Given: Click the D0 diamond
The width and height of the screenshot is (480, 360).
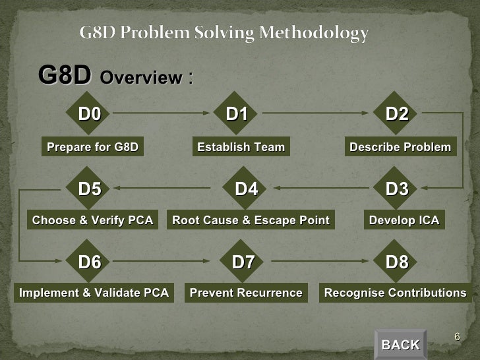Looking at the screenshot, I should coord(90,115).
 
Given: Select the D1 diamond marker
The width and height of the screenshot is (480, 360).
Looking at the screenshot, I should coord(237,115).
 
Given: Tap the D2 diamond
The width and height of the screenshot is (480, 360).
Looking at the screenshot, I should coord(397,115).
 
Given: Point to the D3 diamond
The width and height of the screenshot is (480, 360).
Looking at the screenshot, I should coord(397,189).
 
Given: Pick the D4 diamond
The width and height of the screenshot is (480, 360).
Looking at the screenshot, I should coord(246,189).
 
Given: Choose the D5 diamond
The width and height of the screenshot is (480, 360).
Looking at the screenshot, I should coord(90,189).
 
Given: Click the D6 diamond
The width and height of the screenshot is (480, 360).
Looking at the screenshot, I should coord(90,262).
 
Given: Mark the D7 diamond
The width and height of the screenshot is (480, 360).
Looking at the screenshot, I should coord(243,262).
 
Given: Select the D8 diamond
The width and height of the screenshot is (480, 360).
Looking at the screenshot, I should coord(397,262).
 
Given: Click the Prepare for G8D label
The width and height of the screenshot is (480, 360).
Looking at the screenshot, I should coord(93,147).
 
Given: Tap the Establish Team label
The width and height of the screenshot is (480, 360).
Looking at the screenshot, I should coord(241,147).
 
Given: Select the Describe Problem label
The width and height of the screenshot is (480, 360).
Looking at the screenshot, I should coord(400,147).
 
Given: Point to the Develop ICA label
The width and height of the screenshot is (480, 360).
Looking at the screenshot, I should coord(404,220).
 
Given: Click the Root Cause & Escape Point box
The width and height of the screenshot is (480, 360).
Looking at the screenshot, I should coord(251,220).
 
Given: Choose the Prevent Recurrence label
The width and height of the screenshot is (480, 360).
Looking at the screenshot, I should coord(246,293).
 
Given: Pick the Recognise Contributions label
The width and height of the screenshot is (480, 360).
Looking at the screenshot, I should coord(396,293).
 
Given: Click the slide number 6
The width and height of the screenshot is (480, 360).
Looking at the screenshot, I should coord(456,338).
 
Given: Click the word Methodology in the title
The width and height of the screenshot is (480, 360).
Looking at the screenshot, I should coord(314,32).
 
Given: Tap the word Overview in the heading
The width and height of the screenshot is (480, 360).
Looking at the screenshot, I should coord(140,78).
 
